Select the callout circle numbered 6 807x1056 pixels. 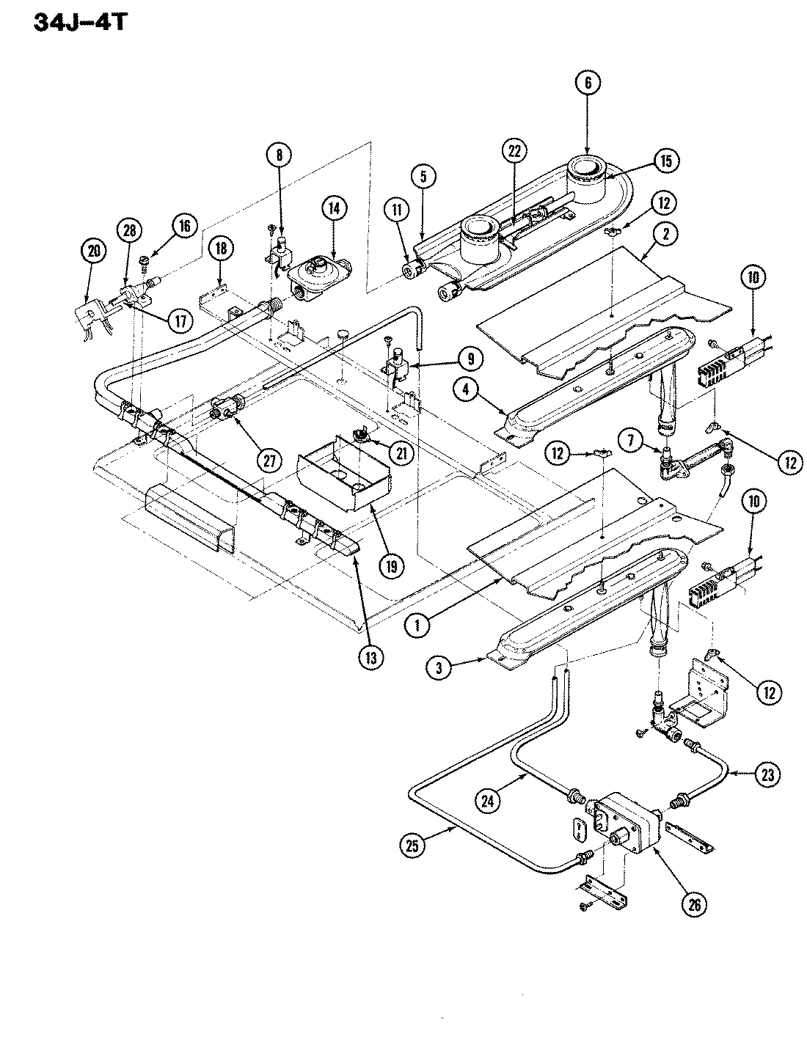pos(588,84)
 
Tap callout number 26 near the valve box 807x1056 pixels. pos(694,904)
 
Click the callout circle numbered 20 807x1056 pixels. pos(92,252)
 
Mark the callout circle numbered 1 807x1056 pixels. pos(417,626)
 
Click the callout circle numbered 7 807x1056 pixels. pos(631,444)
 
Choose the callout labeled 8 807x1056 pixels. pos(279,155)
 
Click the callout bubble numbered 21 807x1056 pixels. pos(401,454)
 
